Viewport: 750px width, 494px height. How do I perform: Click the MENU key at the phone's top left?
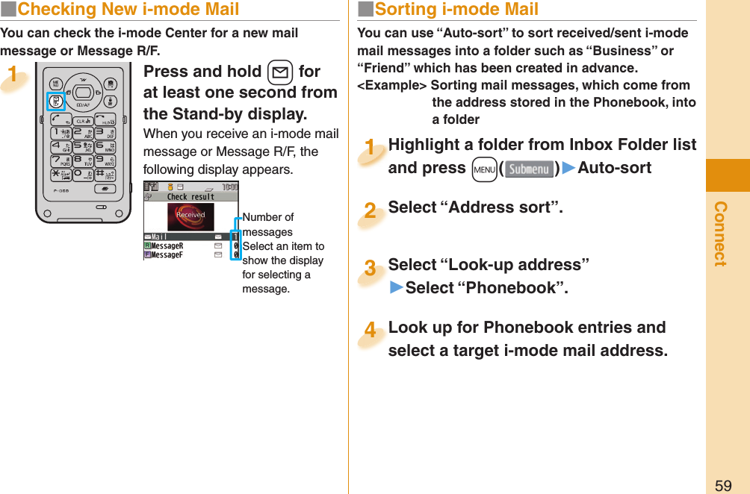(56, 84)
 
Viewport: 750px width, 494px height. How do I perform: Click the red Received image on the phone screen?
(190, 216)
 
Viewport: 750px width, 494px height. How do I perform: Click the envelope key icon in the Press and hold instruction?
(279, 72)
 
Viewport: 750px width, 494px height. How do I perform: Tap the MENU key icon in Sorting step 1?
(484, 169)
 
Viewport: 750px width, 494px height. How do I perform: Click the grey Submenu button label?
(529, 169)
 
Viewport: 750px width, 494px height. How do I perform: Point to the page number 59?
(723, 485)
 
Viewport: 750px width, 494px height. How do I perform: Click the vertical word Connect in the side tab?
(720, 233)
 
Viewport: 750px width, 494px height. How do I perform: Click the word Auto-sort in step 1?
(615, 168)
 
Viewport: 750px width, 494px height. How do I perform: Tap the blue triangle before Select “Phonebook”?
(396, 288)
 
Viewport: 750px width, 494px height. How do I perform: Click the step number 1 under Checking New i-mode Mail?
(13, 75)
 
